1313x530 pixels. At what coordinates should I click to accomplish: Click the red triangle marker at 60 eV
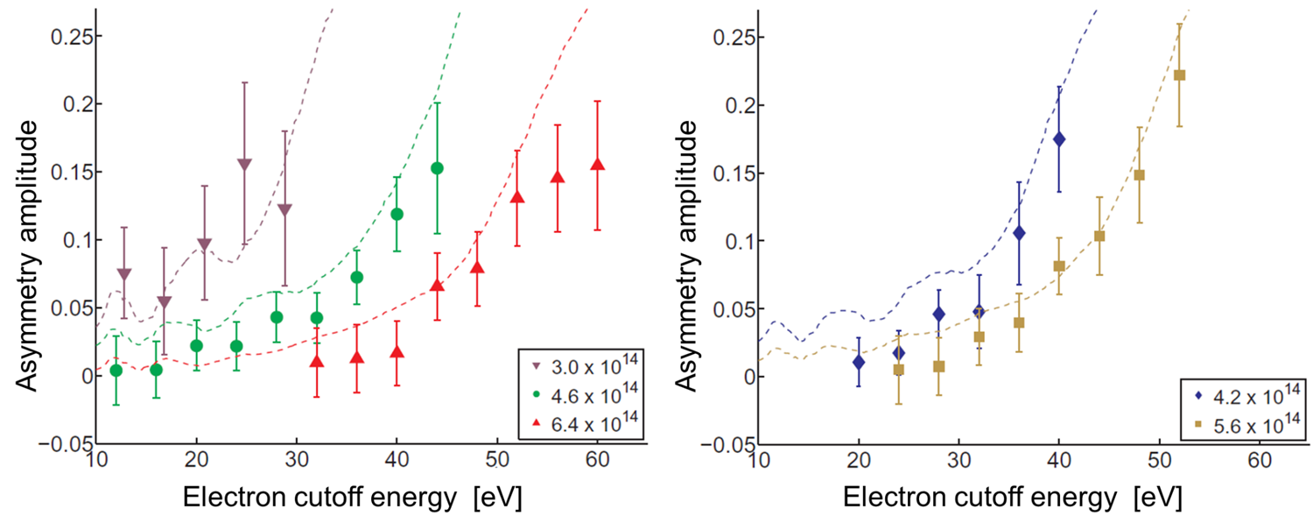point(598,166)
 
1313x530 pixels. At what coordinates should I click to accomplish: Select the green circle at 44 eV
point(437,168)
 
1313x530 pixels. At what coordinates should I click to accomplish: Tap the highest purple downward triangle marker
point(244,165)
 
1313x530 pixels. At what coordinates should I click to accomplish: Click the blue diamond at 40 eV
point(1059,139)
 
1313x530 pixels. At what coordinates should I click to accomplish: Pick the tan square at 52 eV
point(1179,75)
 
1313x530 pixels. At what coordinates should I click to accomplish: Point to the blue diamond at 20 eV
point(859,362)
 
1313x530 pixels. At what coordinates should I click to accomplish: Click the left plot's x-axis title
point(353,498)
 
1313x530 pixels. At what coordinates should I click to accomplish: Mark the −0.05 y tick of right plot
point(720,444)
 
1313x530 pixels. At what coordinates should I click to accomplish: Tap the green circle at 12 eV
point(116,371)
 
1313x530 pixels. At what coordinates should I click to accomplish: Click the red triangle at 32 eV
point(317,361)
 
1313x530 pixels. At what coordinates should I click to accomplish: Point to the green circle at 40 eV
point(397,214)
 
